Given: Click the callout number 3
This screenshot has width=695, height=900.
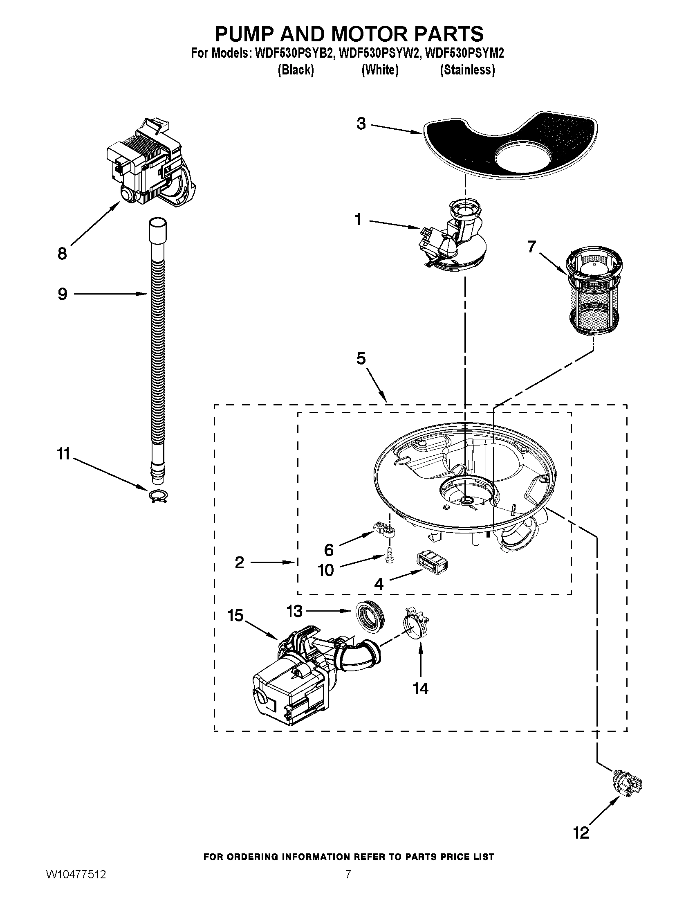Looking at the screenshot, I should tap(361, 124).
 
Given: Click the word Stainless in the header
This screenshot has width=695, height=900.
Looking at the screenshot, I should tap(467, 70).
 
